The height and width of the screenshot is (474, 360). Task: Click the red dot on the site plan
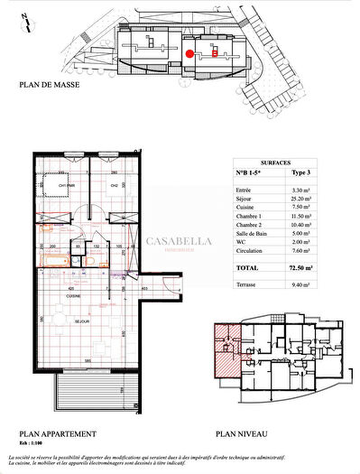pos(189,53)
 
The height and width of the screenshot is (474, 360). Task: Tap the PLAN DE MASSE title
pos(51,86)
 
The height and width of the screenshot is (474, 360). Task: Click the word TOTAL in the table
pos(247,268)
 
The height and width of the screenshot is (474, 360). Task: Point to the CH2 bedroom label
pos(114,186)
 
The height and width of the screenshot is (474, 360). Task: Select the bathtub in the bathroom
pos(53,260)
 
